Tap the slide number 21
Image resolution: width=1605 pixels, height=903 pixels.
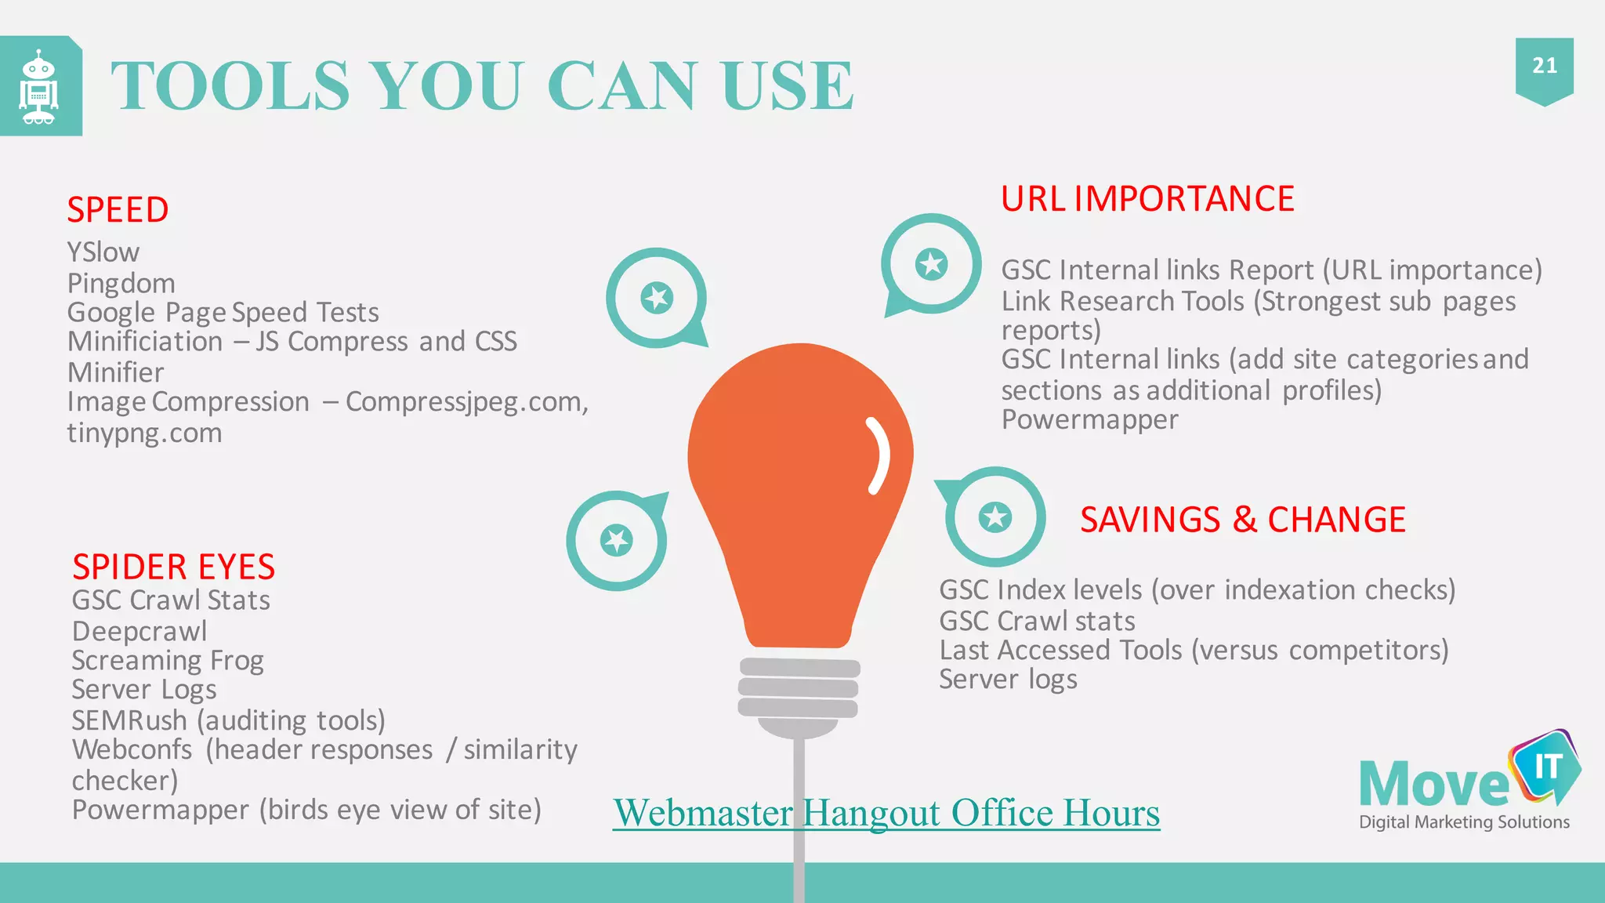(1544, 66)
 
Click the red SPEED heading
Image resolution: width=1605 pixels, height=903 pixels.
(118, 210)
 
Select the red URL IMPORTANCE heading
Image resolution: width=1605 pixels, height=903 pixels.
(1147, 199)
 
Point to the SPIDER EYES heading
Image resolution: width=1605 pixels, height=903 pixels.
(173, 567)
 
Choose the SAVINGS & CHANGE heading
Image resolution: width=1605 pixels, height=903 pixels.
(1242, 520)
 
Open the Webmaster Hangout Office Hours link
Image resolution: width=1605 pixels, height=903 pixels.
(886, 813)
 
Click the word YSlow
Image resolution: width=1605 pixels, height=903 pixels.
(103, 252)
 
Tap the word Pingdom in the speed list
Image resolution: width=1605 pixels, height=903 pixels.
(121, 283)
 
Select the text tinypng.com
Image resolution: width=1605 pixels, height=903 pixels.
(144, 433)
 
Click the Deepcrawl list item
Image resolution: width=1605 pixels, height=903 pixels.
(139, 631)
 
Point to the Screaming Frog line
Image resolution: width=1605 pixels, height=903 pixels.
(168, 661)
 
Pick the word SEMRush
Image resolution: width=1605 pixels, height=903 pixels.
(129, 720)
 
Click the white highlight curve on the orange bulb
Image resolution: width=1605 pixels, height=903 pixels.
(879, 455)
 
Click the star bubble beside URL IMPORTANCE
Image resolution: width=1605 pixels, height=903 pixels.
(931, 264)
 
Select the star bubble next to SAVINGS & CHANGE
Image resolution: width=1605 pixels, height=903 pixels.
(995, 517)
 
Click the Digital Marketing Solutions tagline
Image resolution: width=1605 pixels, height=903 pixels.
(1464, 822)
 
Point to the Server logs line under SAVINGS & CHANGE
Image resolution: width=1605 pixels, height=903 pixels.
(1008, 680)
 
